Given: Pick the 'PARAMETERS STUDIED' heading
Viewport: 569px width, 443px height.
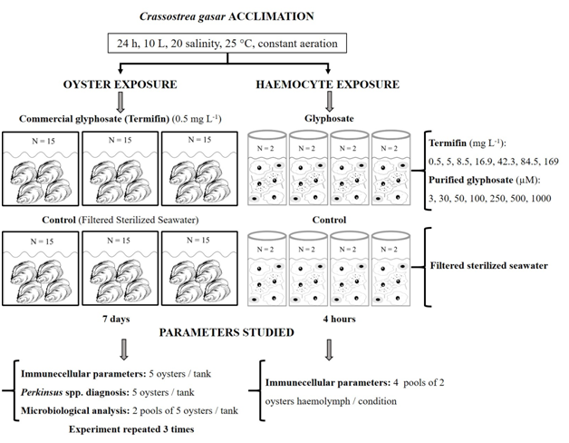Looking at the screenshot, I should [227, 333].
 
